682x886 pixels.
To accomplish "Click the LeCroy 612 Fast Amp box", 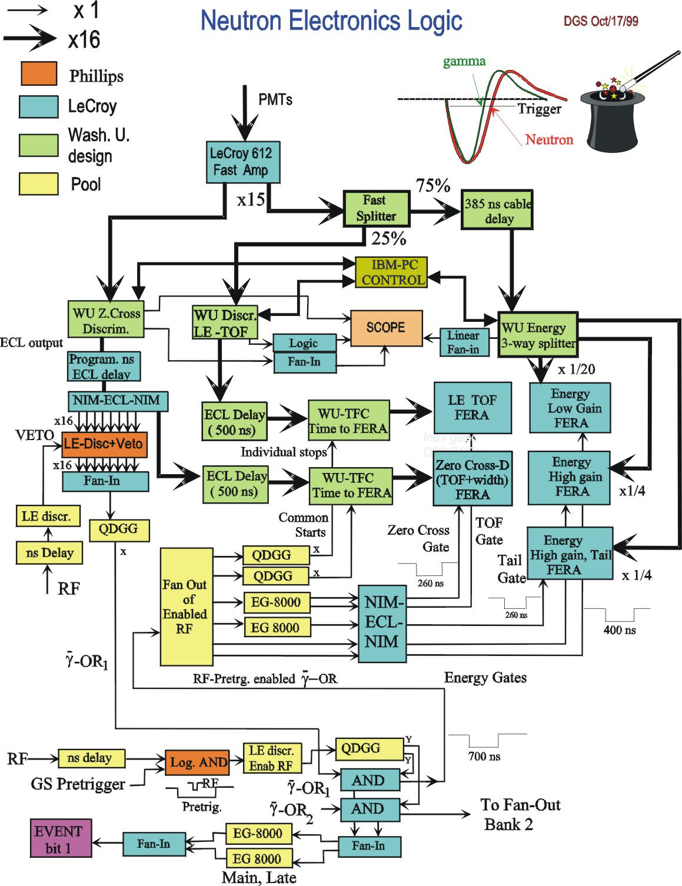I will point(242,162).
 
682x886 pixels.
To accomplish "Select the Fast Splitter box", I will point(376,208).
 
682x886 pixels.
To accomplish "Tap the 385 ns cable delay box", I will point(497,210).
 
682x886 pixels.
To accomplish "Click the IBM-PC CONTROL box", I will point(391,272).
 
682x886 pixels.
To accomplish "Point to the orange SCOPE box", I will point(386,328).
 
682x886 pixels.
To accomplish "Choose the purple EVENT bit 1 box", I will point(61,838).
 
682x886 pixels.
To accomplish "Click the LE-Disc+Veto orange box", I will point(104,444).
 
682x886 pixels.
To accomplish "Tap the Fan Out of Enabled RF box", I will point(187,607).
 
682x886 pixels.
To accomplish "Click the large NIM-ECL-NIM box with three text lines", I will point(382,622).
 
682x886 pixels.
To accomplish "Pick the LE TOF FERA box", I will point(472,408).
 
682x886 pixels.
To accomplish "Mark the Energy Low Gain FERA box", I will point(570,408).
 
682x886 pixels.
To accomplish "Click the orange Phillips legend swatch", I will point(39,74).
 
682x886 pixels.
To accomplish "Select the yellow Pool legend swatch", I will point(39,184).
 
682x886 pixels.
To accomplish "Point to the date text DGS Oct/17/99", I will point(601,21).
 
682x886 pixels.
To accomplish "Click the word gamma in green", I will point(464,61).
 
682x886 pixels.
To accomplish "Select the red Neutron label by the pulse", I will point(548,140).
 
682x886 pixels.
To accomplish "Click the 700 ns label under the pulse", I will point(484,756).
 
